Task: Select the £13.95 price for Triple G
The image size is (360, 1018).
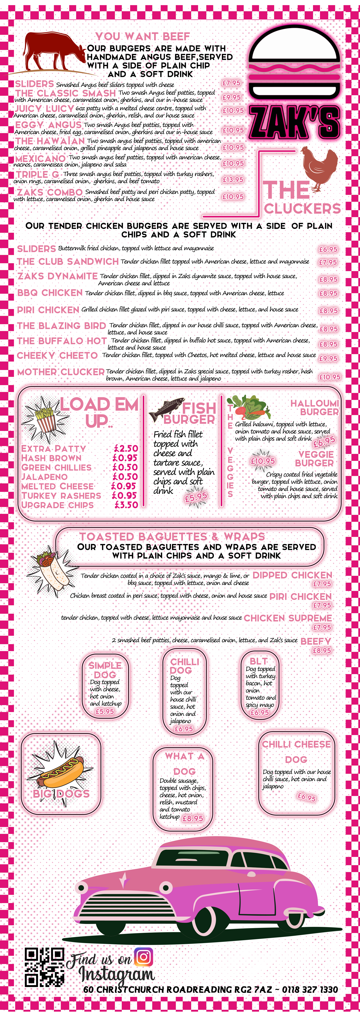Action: (233, 179)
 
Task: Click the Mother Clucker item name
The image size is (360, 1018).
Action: (61, 372)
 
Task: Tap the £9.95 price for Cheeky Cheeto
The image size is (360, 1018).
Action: (328, 358)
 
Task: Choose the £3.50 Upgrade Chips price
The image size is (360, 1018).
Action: (126, 505)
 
